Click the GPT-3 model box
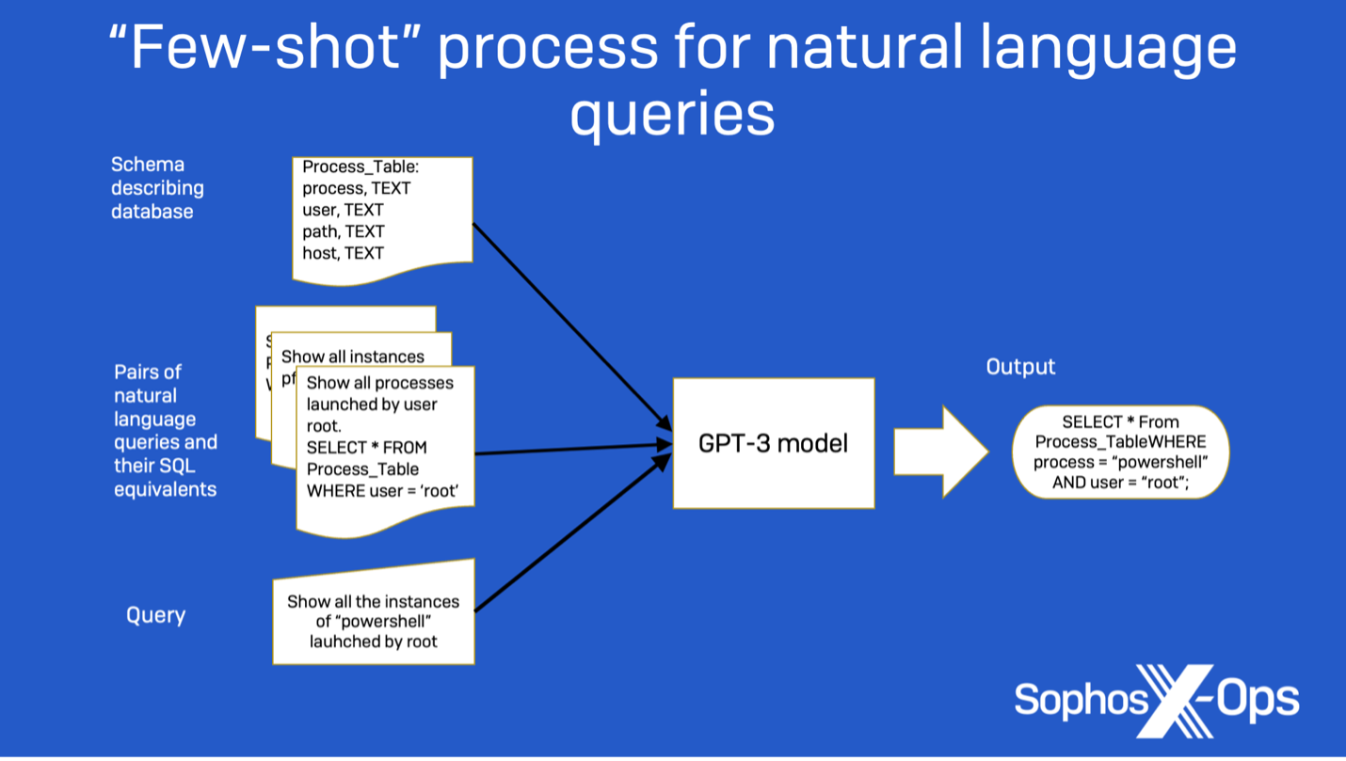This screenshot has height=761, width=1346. point(773,443)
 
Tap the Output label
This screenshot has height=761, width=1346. point(1020,367)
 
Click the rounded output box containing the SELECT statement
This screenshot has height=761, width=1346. point(1120,452)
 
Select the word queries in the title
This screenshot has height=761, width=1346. point(672,114)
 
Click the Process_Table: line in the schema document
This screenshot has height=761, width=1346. point(361,166)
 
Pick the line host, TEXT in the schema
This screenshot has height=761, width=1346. point(343,253)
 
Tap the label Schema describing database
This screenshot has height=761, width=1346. point(157,188)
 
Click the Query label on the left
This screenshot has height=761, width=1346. point(155,615)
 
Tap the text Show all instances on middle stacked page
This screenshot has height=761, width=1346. point(352,357)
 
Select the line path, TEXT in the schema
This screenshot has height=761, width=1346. point(343,231)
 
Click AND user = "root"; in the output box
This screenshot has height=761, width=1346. point(1120,483)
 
